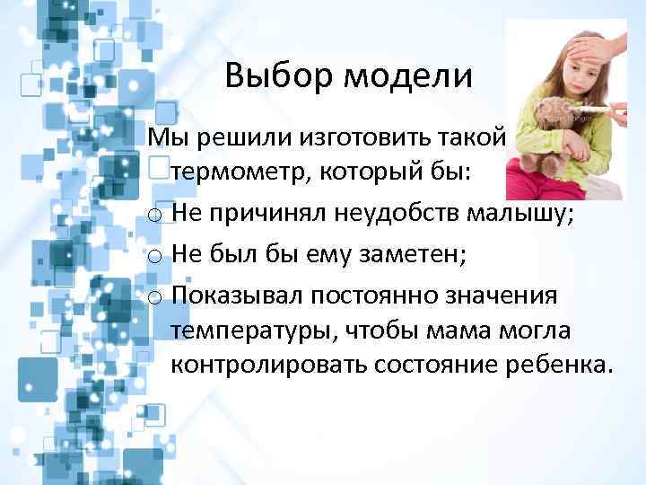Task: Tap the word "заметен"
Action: [x=406, y=255]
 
